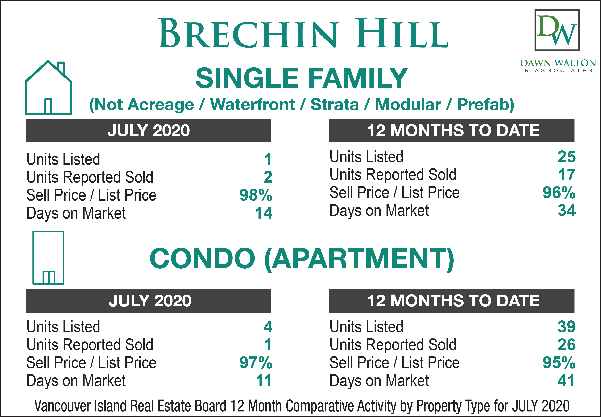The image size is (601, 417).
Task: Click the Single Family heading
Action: (302, 78)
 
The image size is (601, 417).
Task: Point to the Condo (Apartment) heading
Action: (302, 259)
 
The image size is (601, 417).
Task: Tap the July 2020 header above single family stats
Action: (149, 131)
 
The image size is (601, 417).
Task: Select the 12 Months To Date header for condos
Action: (452, 301)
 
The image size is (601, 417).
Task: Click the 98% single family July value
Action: (256, 195)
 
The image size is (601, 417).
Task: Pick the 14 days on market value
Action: (264, 213)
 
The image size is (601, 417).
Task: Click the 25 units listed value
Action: (567, 157)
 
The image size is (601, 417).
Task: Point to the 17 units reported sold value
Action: (567, 175)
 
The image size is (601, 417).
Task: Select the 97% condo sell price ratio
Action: (256, 363)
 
